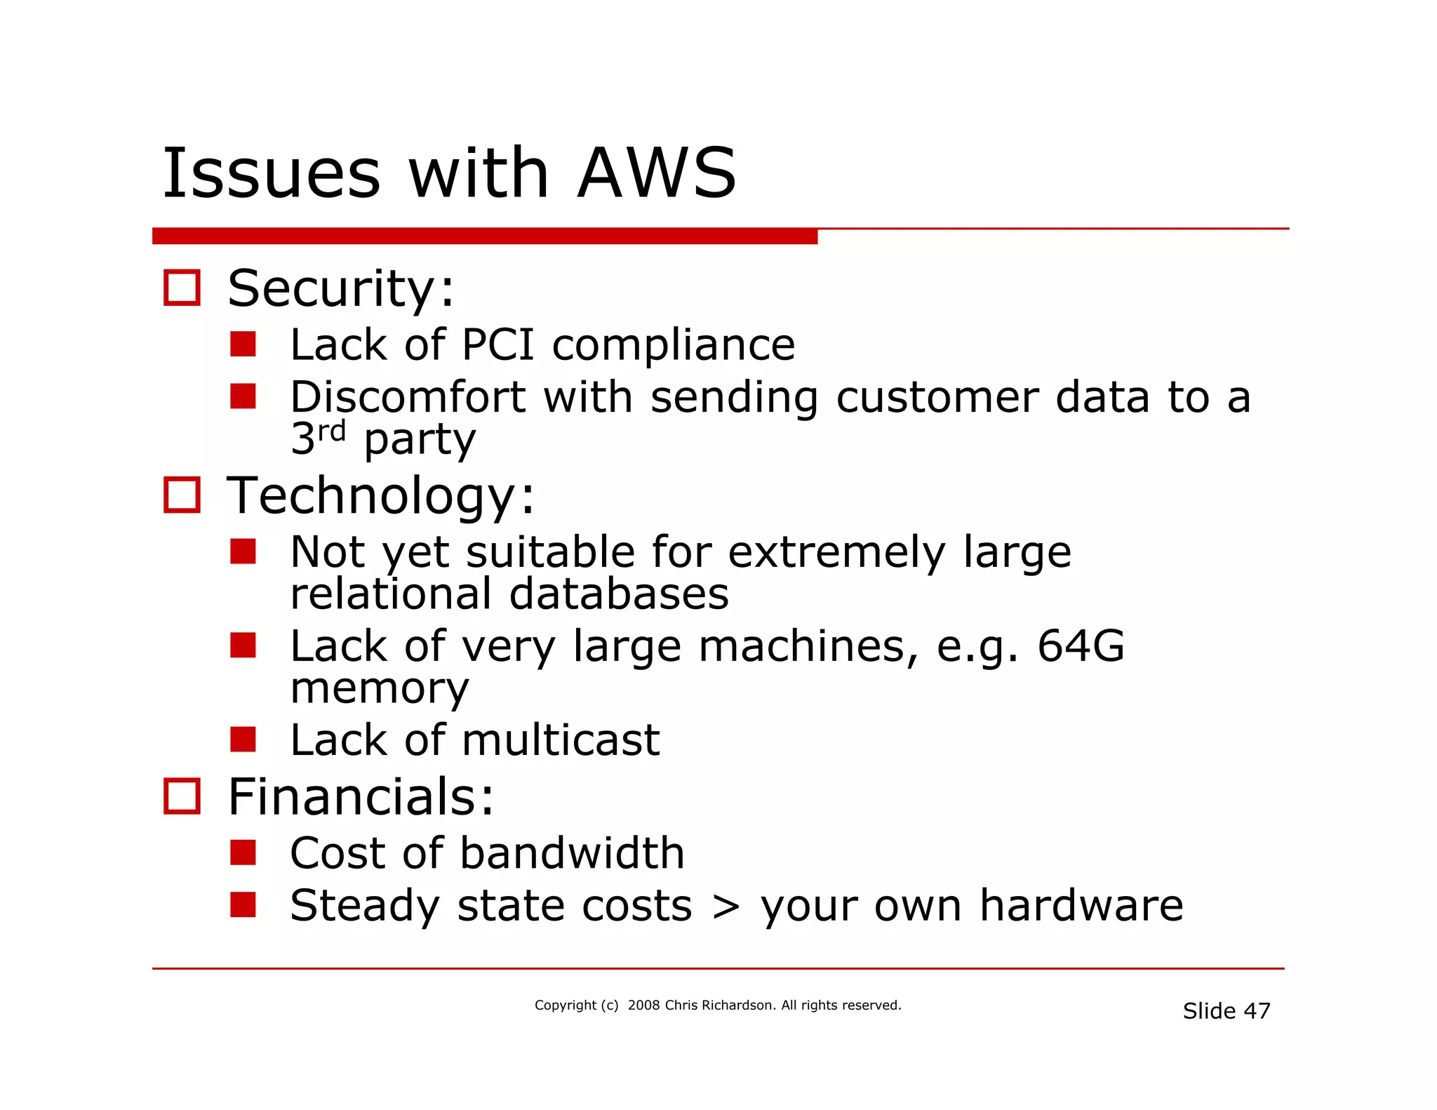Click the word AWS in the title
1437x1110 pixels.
(657, 173)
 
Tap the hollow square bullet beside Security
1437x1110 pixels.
(182, 288)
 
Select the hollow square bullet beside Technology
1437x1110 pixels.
(182, 495)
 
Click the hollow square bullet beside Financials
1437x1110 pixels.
(182, 796)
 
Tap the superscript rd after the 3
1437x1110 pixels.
(331, 431)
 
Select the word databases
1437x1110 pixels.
(619, 594)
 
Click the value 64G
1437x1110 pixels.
(1081, 646)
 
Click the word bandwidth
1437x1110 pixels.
(572, 853)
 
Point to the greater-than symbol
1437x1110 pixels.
(726, 907)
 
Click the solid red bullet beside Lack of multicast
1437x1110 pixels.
(243, 740)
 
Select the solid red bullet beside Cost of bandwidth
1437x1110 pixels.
(243, 853)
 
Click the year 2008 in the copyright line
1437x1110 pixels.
(643, 1005)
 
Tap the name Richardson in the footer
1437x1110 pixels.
(738, 1005)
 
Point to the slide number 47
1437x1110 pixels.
(1257, 1011)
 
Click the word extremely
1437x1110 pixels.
(836, 552)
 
